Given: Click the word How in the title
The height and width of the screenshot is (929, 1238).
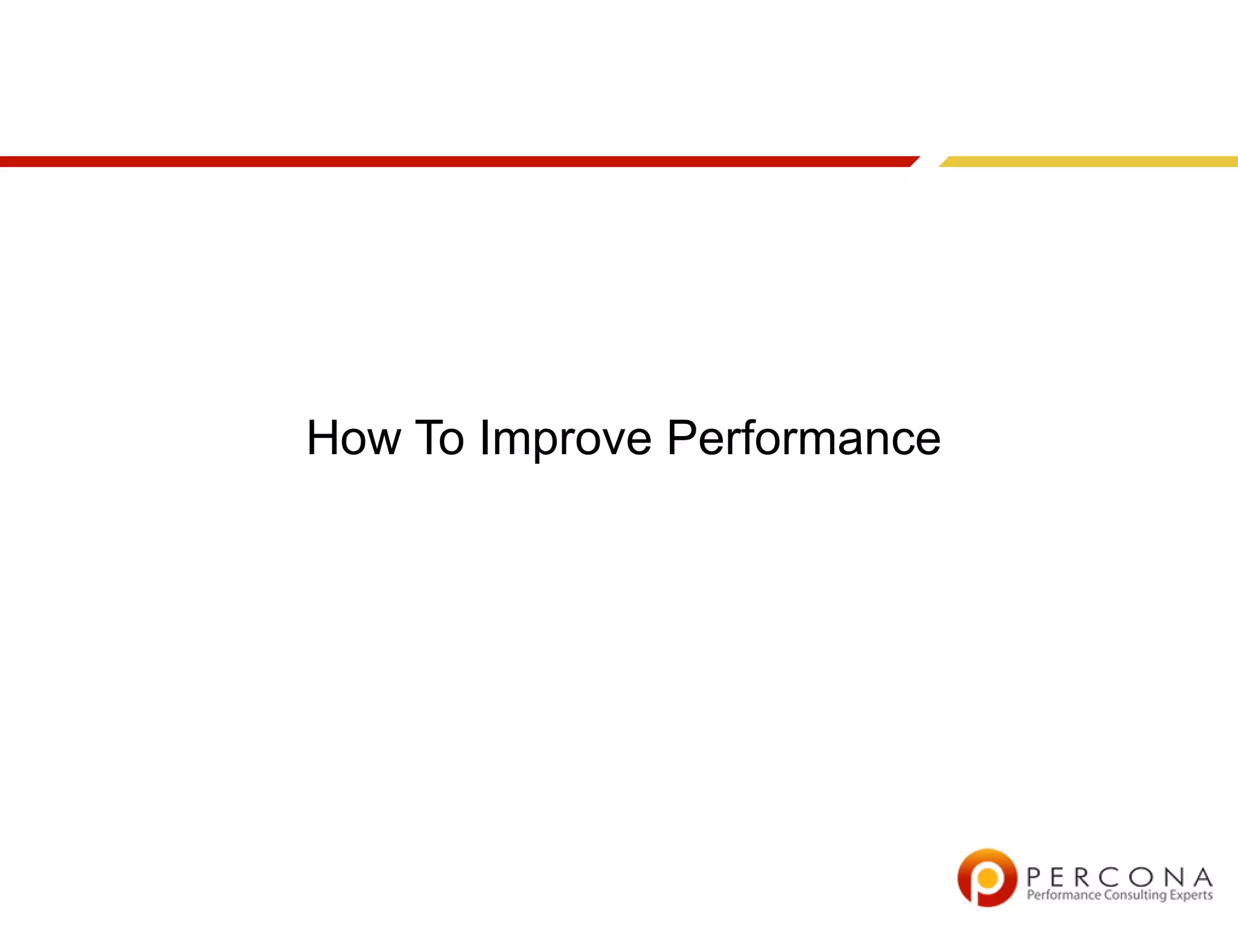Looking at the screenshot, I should pyautogui.click(x=354, y=438).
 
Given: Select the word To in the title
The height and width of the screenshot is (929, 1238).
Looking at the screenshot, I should pyautogui.click(x=439, y=438).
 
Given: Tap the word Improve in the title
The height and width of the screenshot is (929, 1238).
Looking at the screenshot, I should pyautogui.click(x=565, y=439).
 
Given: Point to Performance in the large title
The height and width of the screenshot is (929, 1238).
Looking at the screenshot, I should pyautogui.click(x=803, y=438).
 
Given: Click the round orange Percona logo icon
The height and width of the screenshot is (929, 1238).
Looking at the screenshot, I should pyautogui.click(x=987, y=878).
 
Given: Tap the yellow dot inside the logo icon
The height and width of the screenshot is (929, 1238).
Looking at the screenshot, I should pyautogui.click(x=988, y=877).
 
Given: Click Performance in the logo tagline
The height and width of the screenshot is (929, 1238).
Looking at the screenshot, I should pyautogui.click(x=1063, y=895).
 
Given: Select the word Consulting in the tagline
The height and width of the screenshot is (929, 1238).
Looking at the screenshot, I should pyautogui.click(x=1135, y=896).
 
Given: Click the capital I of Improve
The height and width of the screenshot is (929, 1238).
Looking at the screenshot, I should pyautogui.click(x=484, y=438).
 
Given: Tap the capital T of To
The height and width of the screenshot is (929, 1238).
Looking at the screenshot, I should pyautogui.click(x=429, y=438).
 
